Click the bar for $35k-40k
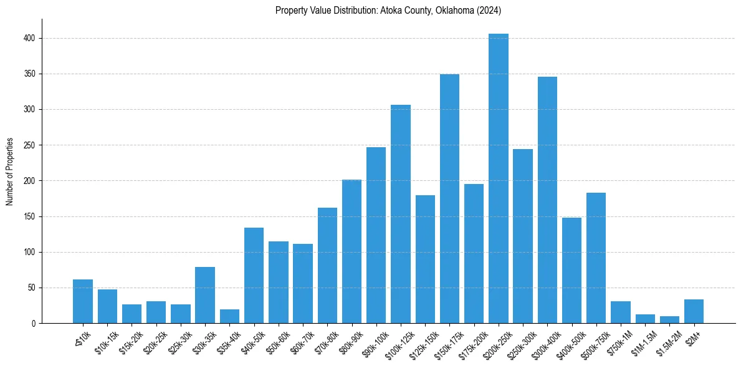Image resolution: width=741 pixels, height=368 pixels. click(x=229, y=317)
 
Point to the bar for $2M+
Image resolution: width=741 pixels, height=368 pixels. click(x=694, y=312)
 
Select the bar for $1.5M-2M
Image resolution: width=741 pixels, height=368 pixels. click(x=669, y=320)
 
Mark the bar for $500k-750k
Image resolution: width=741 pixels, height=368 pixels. click(x=596, y=258)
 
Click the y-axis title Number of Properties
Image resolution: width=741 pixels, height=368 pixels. click(x=10, y=172)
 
